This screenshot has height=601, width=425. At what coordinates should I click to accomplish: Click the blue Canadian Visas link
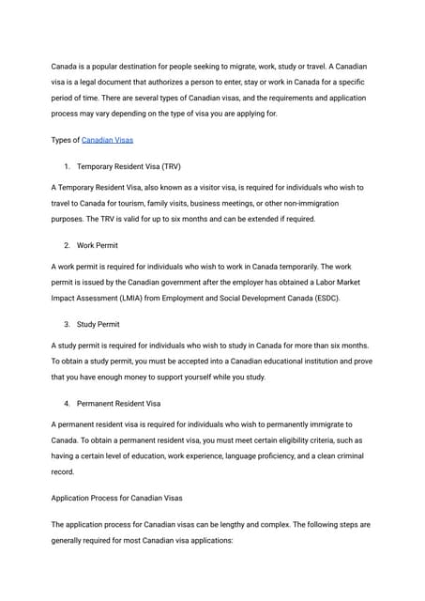click(x=107, y=140)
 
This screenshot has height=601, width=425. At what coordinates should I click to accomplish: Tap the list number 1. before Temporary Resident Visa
click(x=68, y=166)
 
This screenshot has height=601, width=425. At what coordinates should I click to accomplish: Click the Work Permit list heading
click(x=98, y=245)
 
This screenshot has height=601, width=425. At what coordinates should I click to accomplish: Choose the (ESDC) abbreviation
click(x=326, y=298)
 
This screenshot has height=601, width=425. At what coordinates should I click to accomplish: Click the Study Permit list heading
click(x=99, y=324)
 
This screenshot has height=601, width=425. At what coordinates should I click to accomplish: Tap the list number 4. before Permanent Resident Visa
click(x=68, y=404)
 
